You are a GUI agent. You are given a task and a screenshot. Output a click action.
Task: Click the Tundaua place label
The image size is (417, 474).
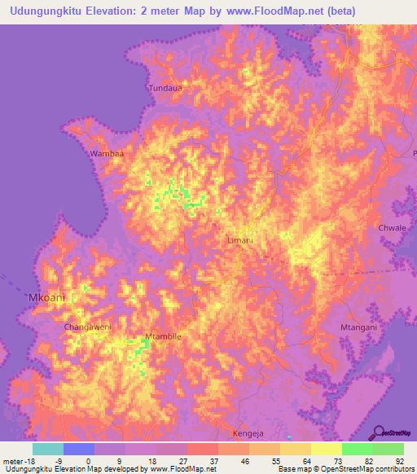point(162,87)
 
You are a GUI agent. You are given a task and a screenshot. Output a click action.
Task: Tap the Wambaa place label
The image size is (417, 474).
point(108,153)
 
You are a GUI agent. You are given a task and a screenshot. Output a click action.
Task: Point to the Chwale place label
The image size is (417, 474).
point(392,228)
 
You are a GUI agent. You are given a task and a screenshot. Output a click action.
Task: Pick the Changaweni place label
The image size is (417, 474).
point(87,327)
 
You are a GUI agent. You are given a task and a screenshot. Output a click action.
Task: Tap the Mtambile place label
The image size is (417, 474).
point(162,336)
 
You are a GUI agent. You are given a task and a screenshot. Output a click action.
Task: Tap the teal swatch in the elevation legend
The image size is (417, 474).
point(48,449)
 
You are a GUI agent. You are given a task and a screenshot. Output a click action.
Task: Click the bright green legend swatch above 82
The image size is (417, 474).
point(357,449)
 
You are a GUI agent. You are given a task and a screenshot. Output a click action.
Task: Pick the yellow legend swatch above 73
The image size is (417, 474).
point(326,449)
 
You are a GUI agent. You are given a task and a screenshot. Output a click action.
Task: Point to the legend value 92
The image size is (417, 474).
point(399,460)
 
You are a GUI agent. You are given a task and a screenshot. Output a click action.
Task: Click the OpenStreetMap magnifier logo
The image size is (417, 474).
point(378,432)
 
